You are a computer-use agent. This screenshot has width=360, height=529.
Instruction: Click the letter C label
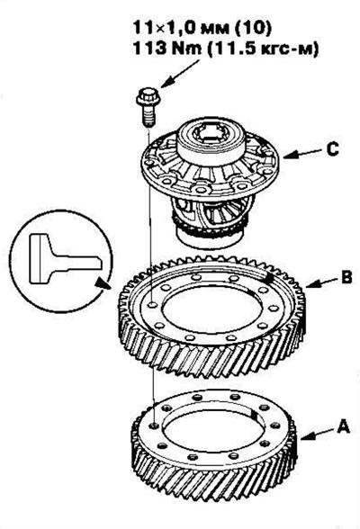[332, 149]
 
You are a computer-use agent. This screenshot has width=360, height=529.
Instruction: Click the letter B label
[346, 277]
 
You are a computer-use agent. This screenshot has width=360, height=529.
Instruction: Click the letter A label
[343, 426]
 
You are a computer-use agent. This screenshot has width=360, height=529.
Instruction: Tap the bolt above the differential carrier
[148, 106]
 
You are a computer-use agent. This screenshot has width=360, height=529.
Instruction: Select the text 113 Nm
[167, 49]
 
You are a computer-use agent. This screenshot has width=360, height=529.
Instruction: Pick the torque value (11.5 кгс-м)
[263, 49]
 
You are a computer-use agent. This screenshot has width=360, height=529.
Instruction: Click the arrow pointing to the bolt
[181, 74]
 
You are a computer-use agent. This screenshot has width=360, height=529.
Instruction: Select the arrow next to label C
[301, 153]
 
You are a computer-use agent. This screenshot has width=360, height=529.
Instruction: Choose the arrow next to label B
[321, 282]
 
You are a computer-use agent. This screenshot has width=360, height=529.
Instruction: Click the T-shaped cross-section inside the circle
[64, 259]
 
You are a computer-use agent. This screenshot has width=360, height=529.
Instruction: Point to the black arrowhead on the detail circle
[103, 283]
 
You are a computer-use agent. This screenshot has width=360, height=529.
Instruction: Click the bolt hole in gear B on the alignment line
[152, 305]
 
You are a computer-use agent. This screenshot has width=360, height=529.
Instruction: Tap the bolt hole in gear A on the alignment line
[155, 426]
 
